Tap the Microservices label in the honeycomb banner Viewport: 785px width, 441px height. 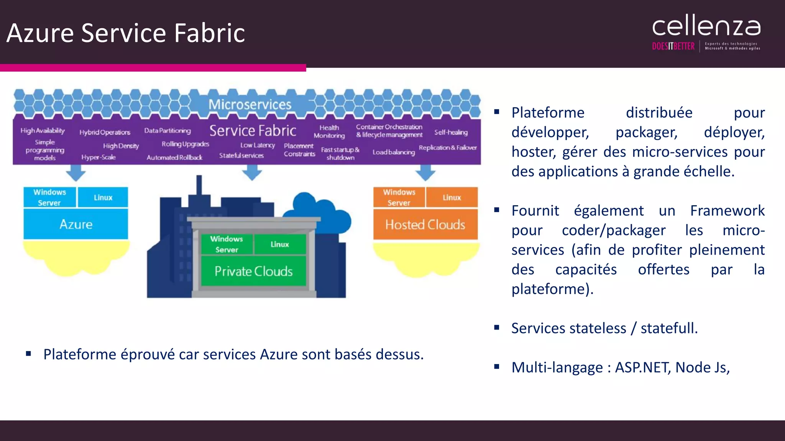[x=250, y=105]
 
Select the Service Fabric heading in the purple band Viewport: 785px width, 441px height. [x=253, y=131]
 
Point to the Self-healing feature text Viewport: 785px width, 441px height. [x=451, y=132]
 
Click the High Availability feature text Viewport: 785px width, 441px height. [x=43, y=131]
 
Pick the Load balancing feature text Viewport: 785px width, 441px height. [x=394, y=152]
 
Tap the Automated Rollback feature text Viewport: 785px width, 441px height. [x=174, y=157]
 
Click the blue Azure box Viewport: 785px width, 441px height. [x=76, y=224]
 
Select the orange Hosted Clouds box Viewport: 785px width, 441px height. [x=425, y=225]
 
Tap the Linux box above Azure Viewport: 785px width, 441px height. [x=103, y=198]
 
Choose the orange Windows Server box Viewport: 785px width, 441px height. [x=399, y=198]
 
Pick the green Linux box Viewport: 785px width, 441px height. [x=280, y=244]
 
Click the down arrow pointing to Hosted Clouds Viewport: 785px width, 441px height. [x=425, y=173]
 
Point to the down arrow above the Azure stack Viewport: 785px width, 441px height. [x=76, y=173]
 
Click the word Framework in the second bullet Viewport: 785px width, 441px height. [x=727, y=211]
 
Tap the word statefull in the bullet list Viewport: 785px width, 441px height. [x=669, y=328]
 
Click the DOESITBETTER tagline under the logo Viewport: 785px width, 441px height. [x=673, y=47]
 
